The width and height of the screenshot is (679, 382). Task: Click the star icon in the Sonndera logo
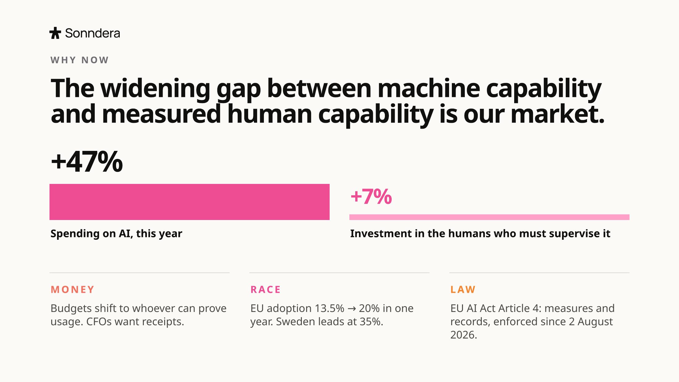click(55, 33)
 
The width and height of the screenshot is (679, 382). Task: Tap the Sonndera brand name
click(93, 33)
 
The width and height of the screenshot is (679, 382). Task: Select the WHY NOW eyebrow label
click(80, 60)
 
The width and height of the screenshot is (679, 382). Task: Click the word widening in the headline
click(155, 89)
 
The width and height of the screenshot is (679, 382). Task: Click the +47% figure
click(87, 161)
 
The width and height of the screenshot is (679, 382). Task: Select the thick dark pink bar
click(190, 202)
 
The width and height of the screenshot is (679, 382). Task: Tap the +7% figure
click(371, 196)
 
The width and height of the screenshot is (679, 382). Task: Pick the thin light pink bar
click(489, 217)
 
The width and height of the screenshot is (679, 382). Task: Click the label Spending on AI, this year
click(116, 234)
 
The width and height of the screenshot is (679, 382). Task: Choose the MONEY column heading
click(73, 289)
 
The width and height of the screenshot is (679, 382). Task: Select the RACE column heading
click(265, 289)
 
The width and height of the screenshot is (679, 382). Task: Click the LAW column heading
click(463, 289)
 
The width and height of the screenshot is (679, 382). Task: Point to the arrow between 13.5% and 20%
click(352, 309)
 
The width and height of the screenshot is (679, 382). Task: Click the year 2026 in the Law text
click(464, 335)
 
